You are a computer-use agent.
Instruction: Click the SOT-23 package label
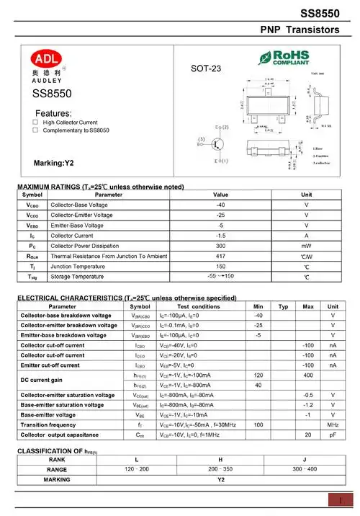click(206, 69)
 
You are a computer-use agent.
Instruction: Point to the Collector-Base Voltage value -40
click(220, 205)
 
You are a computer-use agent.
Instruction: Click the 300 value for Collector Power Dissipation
click(220, 246)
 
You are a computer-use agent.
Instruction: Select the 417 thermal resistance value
click(220, 256)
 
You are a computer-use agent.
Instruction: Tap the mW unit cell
click(306, 246)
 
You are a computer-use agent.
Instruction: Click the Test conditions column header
click(199, 306)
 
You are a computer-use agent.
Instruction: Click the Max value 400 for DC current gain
click(308, 355)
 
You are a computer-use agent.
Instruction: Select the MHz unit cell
click(333, 405)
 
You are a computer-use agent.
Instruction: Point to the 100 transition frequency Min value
click(258, 405)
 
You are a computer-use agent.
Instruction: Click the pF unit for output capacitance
click(333, 415)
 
